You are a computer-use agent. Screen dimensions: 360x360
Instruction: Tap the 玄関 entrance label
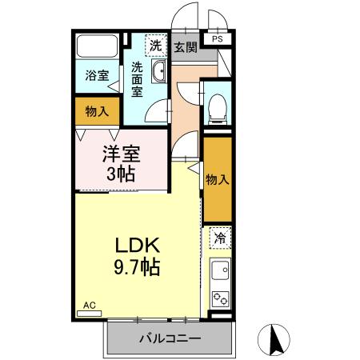click(x=185, y=47)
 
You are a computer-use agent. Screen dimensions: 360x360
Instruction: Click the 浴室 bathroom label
click(x=97, y=76)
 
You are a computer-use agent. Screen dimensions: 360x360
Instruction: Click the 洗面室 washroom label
click(x=138, y=79)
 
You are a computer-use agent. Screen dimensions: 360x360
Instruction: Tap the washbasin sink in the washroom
click(x=158, y=74)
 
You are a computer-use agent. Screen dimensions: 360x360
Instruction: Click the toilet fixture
click(x=216, y=108)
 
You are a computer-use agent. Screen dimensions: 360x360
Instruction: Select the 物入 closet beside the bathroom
click(x=97, y=111)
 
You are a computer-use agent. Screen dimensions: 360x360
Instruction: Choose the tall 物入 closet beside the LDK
click(x=217, y=179)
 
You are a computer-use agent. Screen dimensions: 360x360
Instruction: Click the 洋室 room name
click(x=122, y=153)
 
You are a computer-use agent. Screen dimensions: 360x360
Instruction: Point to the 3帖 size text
click(x=122, y=174)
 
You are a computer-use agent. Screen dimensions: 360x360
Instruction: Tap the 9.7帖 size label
click(x=138, y=266)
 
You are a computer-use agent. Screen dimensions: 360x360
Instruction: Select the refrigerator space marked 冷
click(x=219, y=238)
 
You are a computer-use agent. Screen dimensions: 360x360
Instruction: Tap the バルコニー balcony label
click(x=170, y=339)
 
